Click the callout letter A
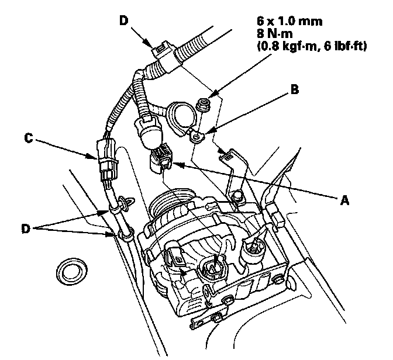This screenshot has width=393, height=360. coord(344,199)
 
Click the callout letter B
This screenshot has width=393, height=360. coord(296,91)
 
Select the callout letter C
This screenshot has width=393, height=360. coord(27,139)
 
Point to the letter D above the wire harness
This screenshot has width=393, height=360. coord(124,22)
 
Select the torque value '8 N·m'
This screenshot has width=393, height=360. coord(274,34)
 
